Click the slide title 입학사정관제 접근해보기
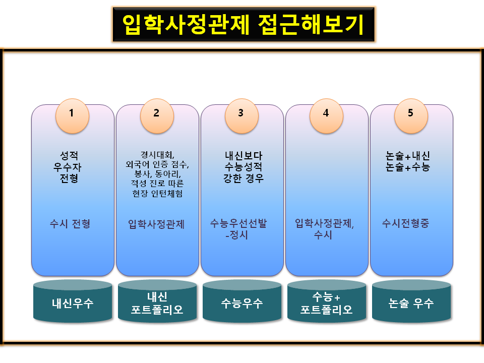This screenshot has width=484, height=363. click(x=243, y=24)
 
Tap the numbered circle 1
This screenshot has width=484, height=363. click(x=72, y=113)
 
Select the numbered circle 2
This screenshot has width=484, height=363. click(x=157, y=113)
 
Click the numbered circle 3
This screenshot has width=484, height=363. click(x=241, y=113)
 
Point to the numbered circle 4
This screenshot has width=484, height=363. click(x=326, y=113)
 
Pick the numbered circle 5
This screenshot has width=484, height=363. click(x=411, y=113)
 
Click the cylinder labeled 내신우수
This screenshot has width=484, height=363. click(x=73, y=302)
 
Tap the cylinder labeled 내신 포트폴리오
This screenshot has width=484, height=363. click(x=157, y=302)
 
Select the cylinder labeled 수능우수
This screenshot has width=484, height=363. click(x=242, y=302)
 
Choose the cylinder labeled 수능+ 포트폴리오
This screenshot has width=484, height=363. click(x=326, y=302)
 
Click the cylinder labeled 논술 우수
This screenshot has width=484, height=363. click(x=411, y=302)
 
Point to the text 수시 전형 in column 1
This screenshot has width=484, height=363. click(x=70, y=224)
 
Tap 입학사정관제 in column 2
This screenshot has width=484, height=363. click(x=156, y=224)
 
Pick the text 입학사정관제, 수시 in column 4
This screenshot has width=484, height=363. click(x=324, y=229)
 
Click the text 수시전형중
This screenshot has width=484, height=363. click(x=405, y=224)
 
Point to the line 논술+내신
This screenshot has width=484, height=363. click(x=407, y=156)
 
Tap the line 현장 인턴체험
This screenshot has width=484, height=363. click(x=157, y=194)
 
